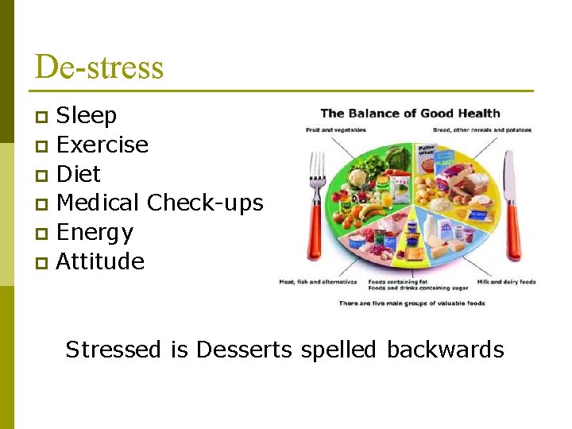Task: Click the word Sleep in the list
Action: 87,116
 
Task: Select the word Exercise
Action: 102,145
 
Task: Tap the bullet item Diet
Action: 79,174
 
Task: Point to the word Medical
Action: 99,203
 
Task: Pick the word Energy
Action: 95,233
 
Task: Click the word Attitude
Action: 100,261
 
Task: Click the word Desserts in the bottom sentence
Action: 244,350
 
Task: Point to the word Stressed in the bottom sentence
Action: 114,350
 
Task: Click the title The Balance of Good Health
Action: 410,113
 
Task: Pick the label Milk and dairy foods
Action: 506,282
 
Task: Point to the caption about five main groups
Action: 412,303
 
